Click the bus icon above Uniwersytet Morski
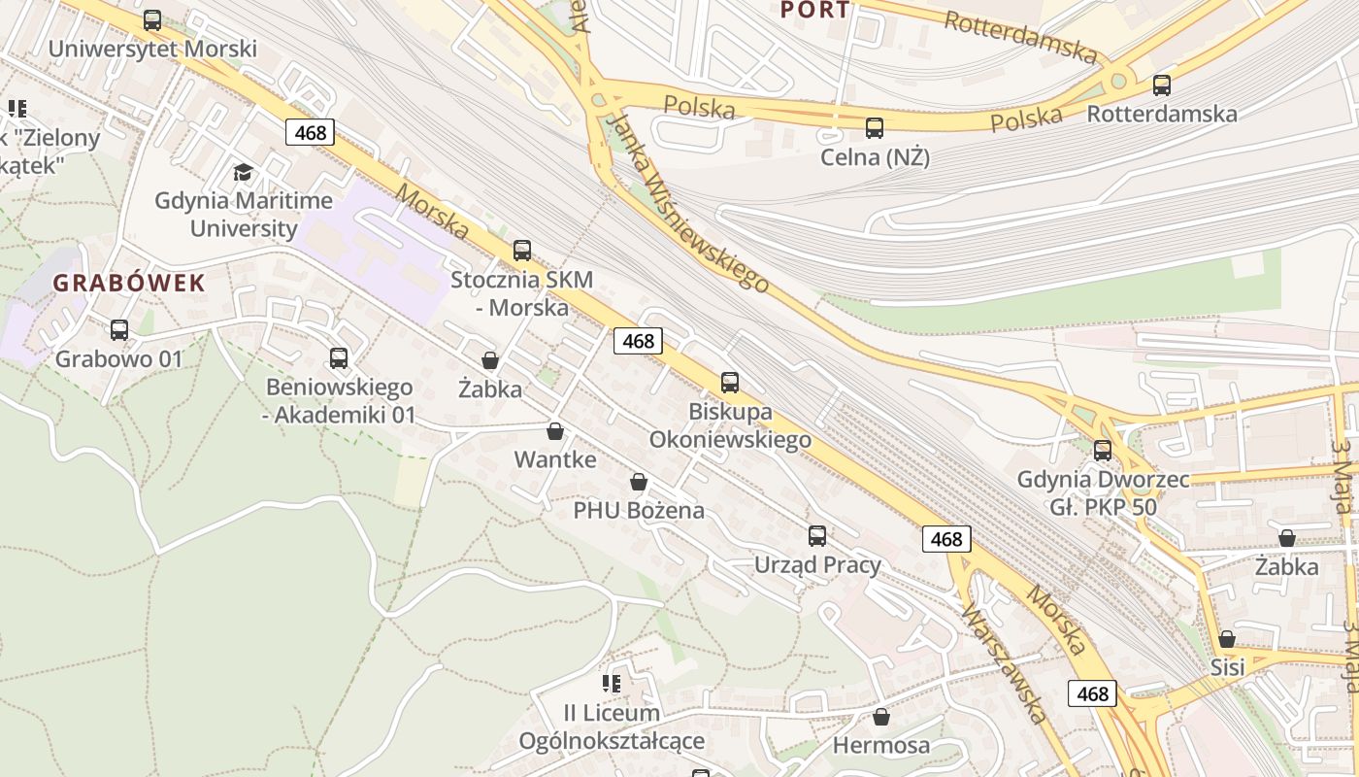152,20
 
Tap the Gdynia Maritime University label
244,215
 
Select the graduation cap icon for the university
243,173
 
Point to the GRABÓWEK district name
129,284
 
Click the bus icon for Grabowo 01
119,330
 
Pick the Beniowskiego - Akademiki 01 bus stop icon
339,358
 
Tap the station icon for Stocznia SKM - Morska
522,251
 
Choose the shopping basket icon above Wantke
555,431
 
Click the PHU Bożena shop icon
639,482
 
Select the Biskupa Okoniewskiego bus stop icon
730,383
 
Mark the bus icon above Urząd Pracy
817,536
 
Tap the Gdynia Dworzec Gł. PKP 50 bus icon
1103,451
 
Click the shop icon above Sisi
1227,639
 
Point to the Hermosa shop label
881,746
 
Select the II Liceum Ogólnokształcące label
612,727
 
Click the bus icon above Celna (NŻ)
875,128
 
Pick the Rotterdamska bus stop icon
1162,85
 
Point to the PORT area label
815,11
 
